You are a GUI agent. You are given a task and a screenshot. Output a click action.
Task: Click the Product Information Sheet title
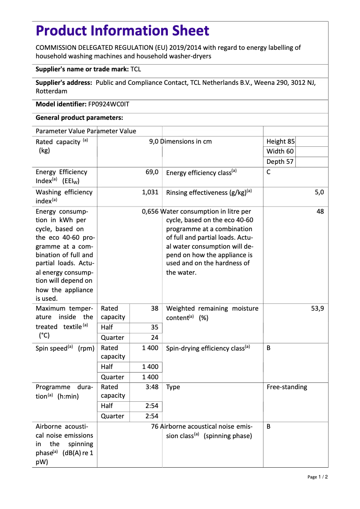[122, 31]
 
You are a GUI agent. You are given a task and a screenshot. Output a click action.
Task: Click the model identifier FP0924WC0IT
[109, 104]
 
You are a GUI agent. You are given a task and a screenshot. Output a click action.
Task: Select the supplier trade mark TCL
[136, 69]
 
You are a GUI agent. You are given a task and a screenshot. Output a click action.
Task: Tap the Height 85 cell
[281, 141]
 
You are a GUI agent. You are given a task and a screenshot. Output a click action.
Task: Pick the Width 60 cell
[280, 151]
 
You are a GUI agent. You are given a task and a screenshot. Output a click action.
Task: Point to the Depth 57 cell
[280, 162]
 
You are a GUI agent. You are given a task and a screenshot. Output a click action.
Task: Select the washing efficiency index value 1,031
[150, 192]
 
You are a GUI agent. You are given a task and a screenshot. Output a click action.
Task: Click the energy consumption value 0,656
[150, 211]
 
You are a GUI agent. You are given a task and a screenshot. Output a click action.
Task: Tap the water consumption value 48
[320, 211]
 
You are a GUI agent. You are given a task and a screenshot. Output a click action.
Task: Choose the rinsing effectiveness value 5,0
[319, 192]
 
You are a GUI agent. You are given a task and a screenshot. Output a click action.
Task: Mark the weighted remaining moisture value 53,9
[317, 308]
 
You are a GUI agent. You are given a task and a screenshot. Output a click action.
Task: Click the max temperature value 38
[154, 308]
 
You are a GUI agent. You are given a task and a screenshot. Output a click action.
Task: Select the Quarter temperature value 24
[154, 338]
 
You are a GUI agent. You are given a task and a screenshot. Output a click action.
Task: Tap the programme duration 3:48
[152, 387]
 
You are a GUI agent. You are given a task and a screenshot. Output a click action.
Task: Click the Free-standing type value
[287, 387]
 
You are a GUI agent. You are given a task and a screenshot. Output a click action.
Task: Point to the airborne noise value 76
[155, 426]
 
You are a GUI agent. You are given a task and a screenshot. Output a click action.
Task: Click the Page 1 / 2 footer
[317, 477]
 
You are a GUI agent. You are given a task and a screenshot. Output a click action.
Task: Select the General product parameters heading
[79, 118]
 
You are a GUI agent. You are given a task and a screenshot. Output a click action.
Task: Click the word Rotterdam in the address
[52, 91]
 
